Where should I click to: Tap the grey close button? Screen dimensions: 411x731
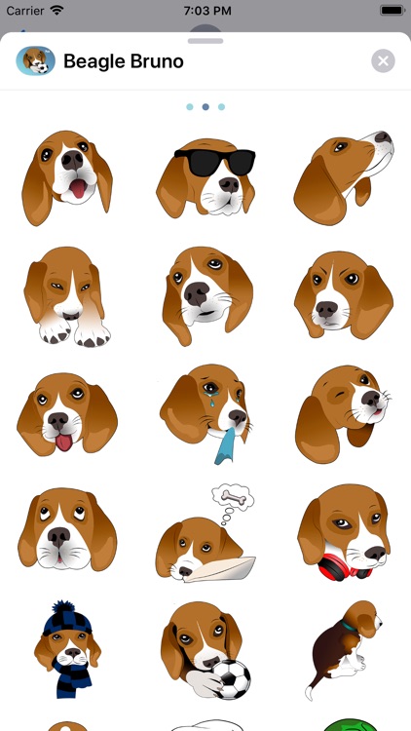pyautogui.click(x=383, y=61)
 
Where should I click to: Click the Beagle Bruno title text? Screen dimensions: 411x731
pyautogui.click(x=124, y=61)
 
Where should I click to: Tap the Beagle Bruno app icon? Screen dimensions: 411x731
pyautogui.click(x=35, y=60)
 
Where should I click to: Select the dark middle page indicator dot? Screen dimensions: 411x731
pyautogui.click(x=205, y=107)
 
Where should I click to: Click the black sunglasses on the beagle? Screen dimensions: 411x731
pyautogui.click(x=215, y=161)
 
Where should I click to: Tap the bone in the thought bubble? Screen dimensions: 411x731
pyautogui.click(x=233, y=496)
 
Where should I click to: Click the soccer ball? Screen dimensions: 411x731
pyautogui.click(x=231, y=678)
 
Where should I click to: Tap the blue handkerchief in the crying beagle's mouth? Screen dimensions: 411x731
pyautogui.click(x=227, y=446)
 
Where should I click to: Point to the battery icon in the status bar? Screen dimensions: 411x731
pyautogui.click(x=392, y=11)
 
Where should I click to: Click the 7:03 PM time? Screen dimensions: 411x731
pyautogui.click(x=207, y=11)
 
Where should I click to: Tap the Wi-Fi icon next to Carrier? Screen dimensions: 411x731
pyautogui.click(x=57, y=11)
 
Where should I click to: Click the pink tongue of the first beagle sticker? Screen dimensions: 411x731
pyautogui.click(x=78, y=188)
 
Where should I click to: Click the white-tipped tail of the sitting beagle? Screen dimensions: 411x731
pyautogui.click(x=309, y=691)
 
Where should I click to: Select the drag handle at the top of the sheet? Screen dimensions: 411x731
pyautogui.click(x=205, y=41)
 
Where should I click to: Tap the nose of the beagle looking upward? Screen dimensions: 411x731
pyautogui.click(x=383, y=137)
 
